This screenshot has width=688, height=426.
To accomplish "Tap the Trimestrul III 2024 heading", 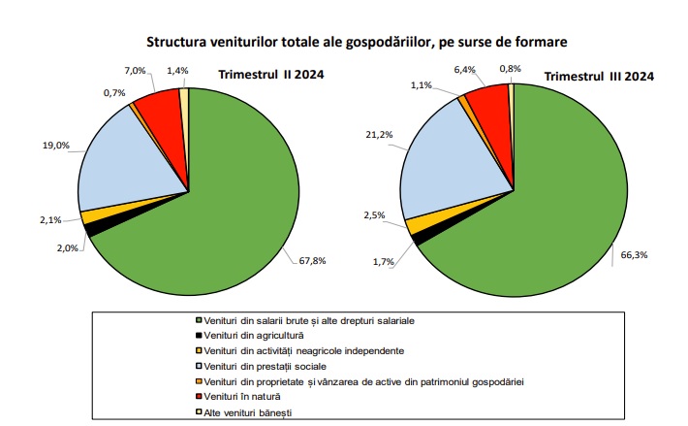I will pos(600,76).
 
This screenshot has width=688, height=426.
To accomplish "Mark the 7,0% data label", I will pos(135,71).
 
